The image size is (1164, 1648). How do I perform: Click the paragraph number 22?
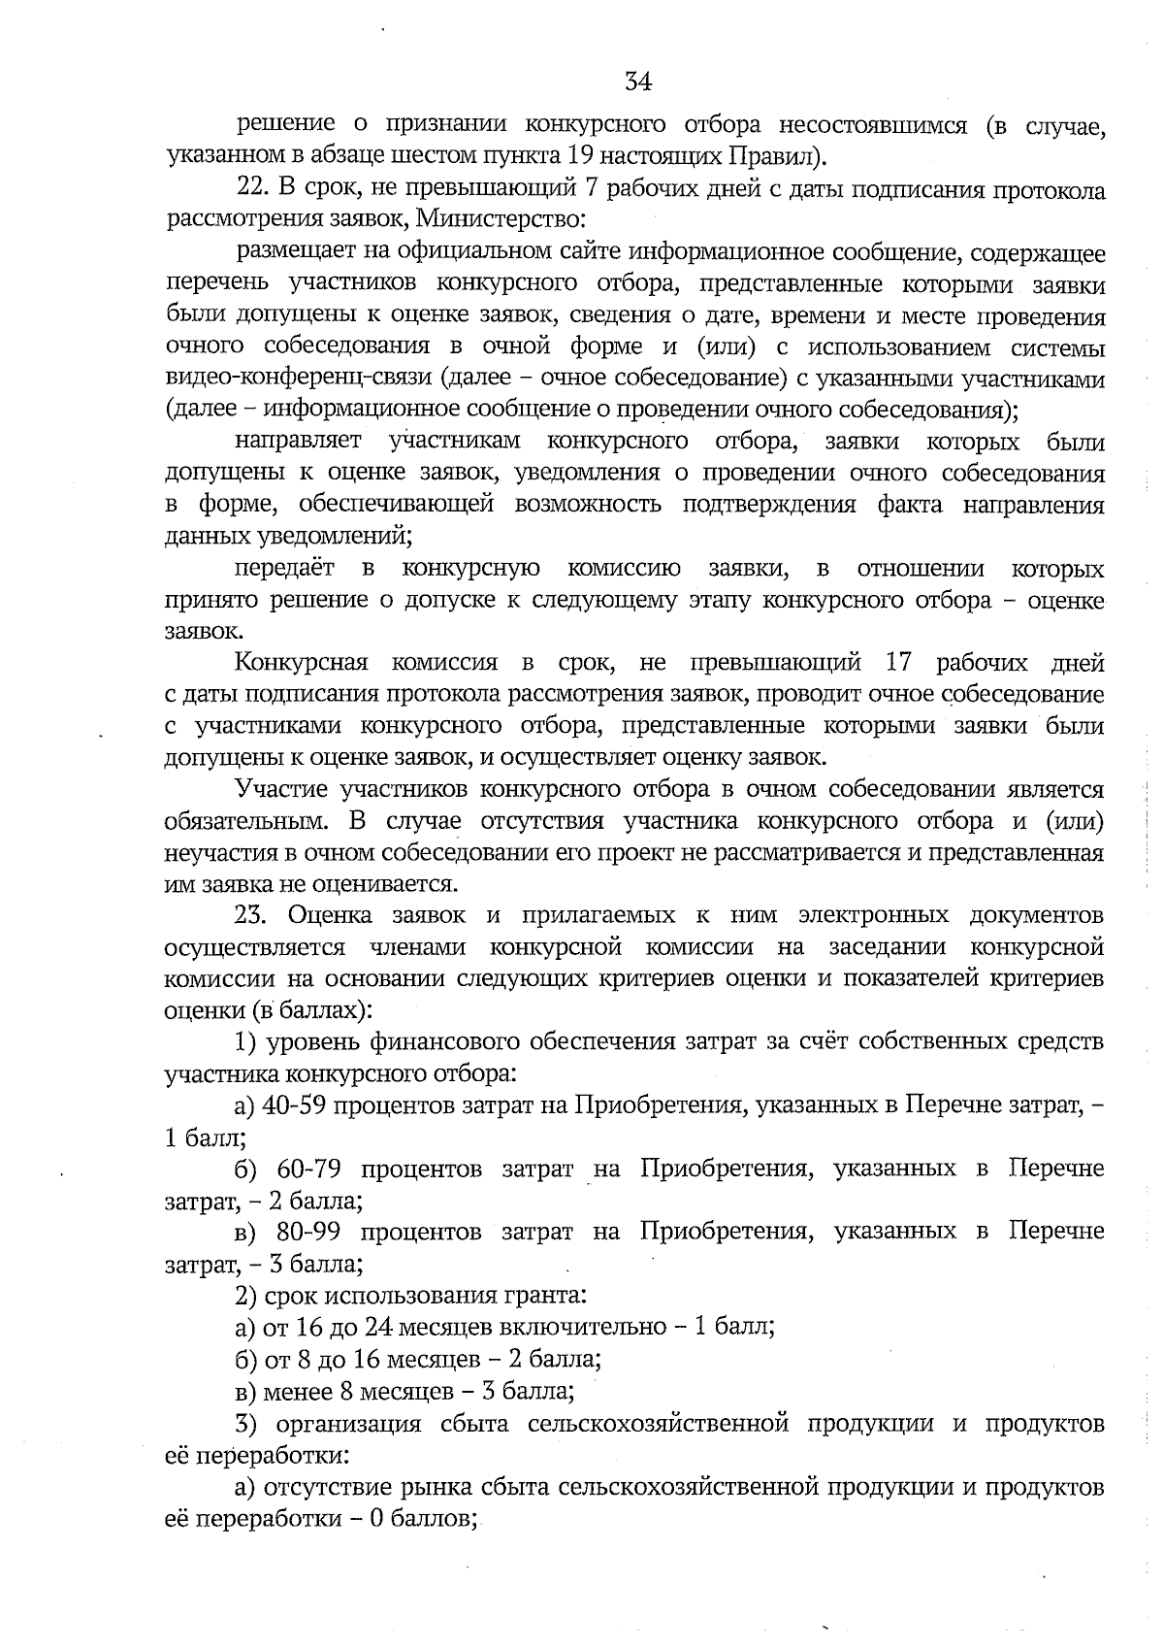[x=252, y=190]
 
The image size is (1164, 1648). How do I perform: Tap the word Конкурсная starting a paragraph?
[x=302, y=664]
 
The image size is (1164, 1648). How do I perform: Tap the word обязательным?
[x=245, y=821]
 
